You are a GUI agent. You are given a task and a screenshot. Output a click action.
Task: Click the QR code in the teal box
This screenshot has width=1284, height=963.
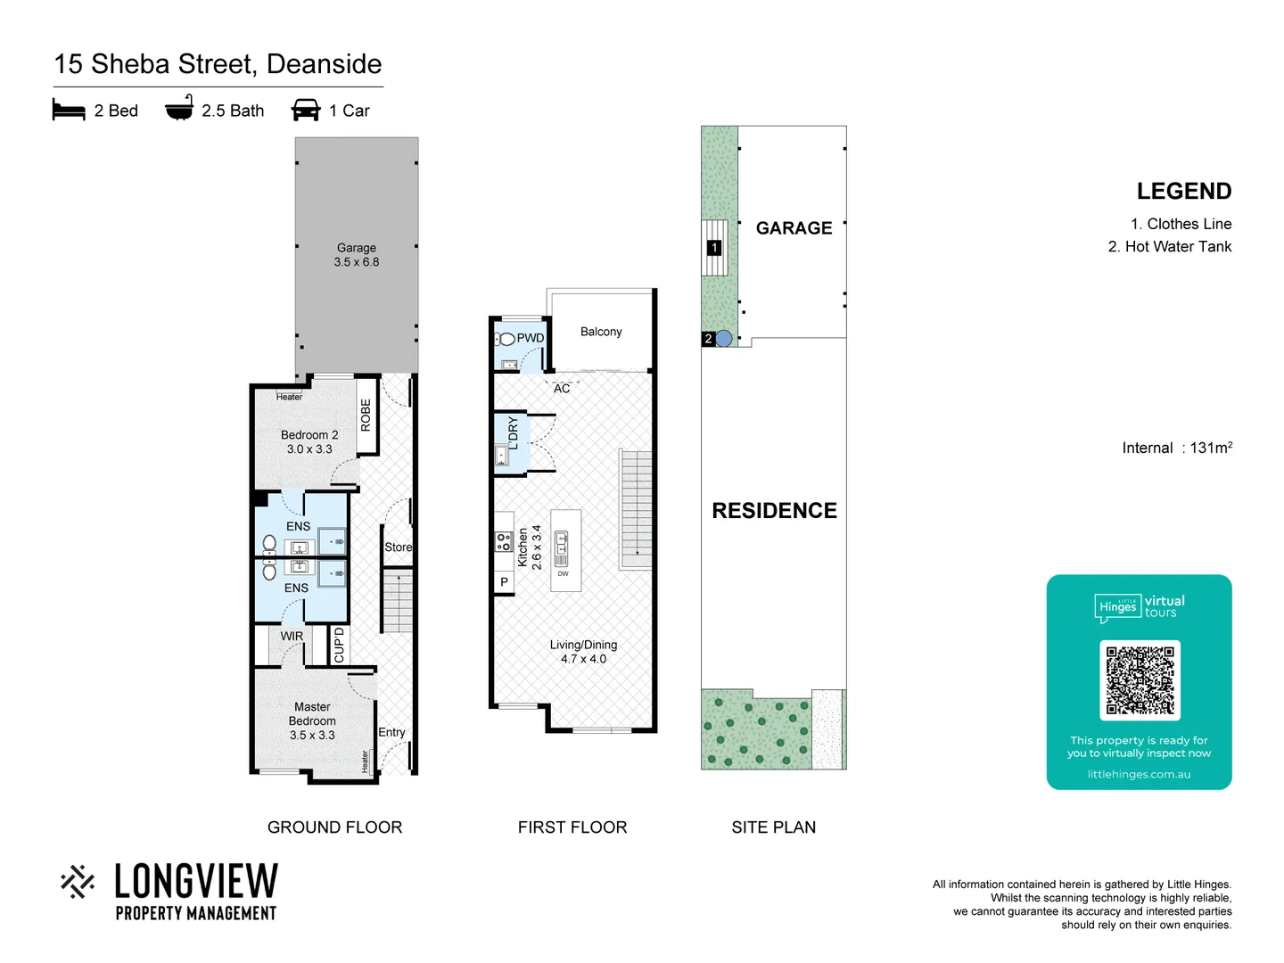click(1140, 679)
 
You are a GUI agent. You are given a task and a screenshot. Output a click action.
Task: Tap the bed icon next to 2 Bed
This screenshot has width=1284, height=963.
click(69, 111)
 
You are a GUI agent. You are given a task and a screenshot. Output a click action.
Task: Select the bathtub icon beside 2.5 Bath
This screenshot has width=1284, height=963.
click(179, 108)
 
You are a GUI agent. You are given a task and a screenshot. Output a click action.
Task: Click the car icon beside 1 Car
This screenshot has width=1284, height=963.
click(306, 110)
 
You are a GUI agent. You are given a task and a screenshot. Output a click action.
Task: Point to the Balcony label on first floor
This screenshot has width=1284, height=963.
click(601, 332)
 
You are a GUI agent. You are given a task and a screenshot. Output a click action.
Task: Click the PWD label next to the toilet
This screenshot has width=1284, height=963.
click(530, 338)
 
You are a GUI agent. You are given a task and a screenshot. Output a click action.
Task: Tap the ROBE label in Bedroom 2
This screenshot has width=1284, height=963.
click(366, 416)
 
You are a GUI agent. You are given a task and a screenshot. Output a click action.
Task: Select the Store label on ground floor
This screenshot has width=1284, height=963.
click(398, 547)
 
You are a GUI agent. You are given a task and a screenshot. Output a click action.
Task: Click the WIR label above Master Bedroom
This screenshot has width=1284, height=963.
click(292, 636)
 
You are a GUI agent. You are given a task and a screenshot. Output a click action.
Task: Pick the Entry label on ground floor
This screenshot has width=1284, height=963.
click(391, 732)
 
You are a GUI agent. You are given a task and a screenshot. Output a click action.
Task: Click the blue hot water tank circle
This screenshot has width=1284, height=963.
click(724, 338)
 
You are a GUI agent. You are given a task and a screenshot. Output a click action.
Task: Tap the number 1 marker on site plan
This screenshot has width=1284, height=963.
click(713, 247)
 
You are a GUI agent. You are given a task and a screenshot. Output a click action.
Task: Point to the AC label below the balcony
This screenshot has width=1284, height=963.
click(562, 389)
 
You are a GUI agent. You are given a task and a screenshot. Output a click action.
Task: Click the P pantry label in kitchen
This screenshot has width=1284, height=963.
click(504, 582)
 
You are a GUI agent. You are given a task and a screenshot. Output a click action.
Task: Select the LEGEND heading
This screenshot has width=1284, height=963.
click(1183, 192)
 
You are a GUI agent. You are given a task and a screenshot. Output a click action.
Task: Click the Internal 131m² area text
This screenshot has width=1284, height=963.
click(1176, 448)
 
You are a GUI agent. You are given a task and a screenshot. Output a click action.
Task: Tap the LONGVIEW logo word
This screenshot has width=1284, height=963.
click(196, 881)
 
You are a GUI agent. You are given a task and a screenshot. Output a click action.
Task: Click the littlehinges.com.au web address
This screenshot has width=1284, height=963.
click(1139, 774)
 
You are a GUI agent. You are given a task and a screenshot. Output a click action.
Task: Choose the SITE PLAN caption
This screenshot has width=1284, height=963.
click(773, 827)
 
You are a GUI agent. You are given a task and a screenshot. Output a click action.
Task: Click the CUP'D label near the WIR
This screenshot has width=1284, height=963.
click(339, 645)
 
